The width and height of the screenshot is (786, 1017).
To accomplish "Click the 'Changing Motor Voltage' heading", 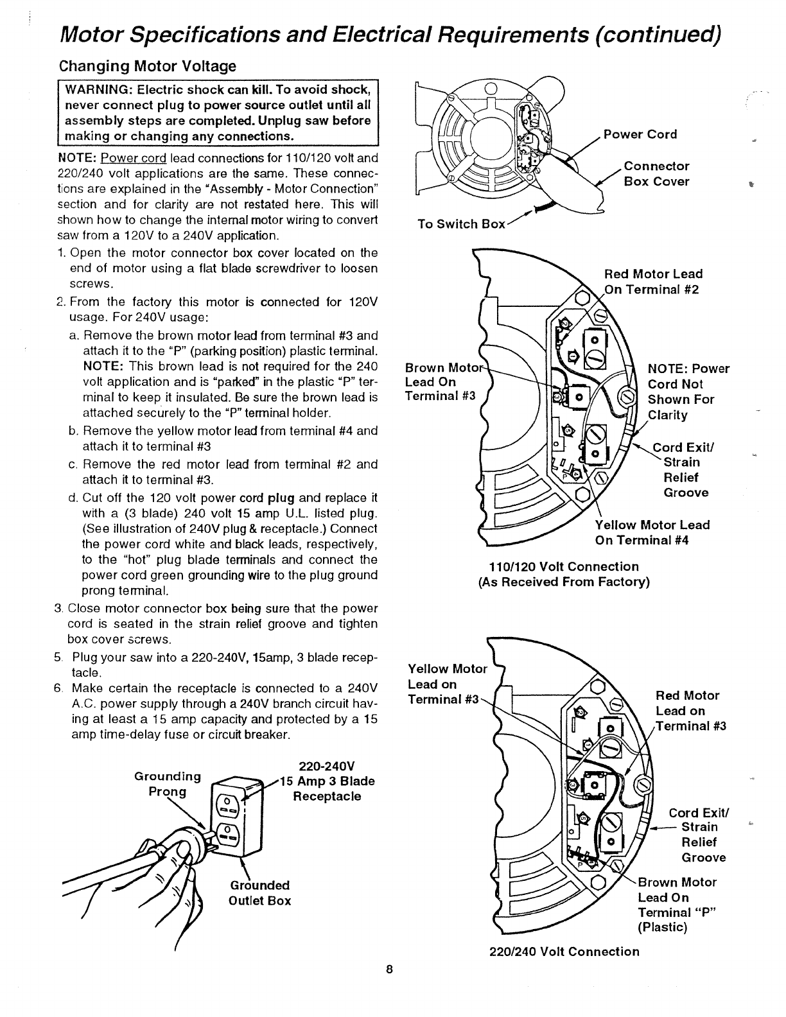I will click(148, 66).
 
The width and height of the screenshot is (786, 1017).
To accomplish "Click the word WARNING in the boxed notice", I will click(94, 89).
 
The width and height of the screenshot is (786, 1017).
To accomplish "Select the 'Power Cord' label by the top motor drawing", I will click(640, 134).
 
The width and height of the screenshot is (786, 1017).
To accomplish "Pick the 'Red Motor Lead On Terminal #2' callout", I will click(653, 281).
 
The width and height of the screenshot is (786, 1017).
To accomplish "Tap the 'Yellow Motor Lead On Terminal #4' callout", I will click(652, 532).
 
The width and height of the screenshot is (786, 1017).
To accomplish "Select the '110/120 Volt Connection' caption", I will click(564, 567).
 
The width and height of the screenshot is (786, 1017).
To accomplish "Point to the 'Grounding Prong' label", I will click(167, 783).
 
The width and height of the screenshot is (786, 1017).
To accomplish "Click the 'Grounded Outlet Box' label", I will click(259, 893).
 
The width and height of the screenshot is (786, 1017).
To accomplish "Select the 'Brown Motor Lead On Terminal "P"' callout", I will click(676, 905).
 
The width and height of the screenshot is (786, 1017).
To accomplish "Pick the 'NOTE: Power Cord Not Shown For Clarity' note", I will click(688, 392).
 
